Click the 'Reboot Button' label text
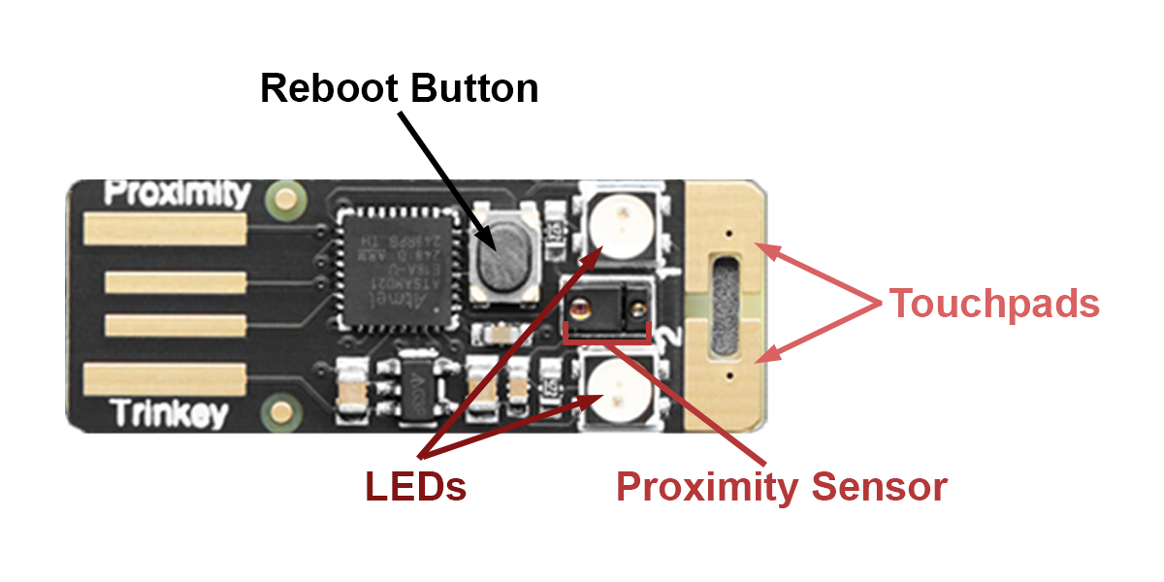[399, 89]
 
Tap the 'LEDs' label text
[415, 486]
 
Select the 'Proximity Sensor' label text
[782, 486]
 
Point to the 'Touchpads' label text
[994, 304]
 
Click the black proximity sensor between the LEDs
[607, 307]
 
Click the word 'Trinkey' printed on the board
[169, 414]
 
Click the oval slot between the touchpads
[725, 303]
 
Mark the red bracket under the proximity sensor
[607, 339]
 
